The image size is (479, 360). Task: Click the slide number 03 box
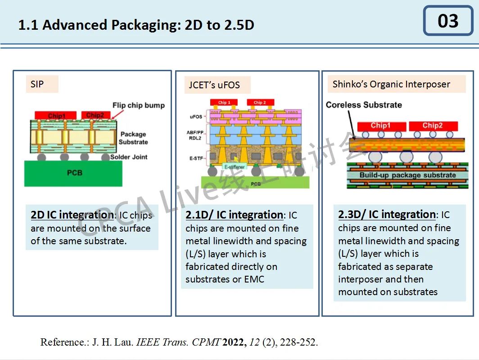pyautogui.click(x=447, y=21)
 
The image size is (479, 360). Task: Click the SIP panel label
pyautogui.click(x=37, y=84)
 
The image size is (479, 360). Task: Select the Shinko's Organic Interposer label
pyautogui.click(x=391, y=84)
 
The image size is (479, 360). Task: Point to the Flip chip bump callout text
pyautogui.click(x=139, y=105)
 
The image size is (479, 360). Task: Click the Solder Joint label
pyautogui.click(x=130, y=157)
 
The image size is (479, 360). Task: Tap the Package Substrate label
pyautogui.click(x=133, y=138)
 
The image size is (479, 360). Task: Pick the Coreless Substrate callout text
pyautogui.click(x=364, y=105)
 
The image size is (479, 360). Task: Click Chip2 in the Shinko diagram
pyautogui.click(x=433, y=125)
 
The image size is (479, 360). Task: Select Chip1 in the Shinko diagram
pyautogui.click(x=380, y=125)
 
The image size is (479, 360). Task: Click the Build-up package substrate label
pyautogui.click(x=407, y=175)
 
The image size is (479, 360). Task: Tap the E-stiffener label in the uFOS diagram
pyautogui.click(x=235, y=167)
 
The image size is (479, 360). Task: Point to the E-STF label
pyautogui.click(x=196, y=158)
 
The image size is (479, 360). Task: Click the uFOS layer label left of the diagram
pyautogui.click(x=196, y=117)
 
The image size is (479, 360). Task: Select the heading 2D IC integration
pyautogui.click(x=72, y=215)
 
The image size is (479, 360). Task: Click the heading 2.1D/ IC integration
pyautogui.click(x=234, y=215)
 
